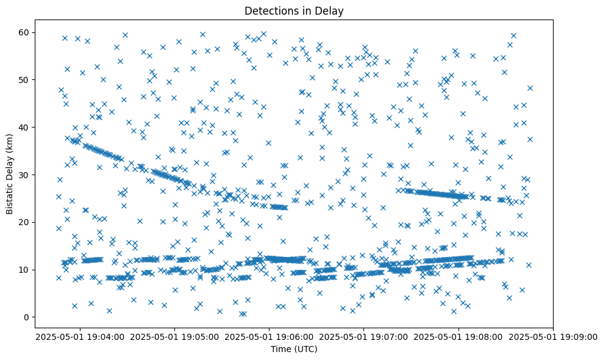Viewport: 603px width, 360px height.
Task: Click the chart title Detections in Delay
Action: (x=294, y=10)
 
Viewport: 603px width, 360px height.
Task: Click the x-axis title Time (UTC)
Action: (x=294, y=350)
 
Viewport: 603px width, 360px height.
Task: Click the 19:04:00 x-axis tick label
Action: (x=80, y=336)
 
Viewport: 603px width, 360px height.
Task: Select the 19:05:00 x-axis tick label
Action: (x=175, y=336)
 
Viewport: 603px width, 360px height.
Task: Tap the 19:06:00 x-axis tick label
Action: (x=269, y=336)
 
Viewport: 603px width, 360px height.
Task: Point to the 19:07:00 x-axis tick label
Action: (x=364, y=336)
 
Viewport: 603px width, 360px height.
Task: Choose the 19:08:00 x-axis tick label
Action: (x=458, y=336)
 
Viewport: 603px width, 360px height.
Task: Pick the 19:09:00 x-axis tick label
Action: (x=553, y=336)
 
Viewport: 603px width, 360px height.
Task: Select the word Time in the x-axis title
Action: (x=281, y=350)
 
